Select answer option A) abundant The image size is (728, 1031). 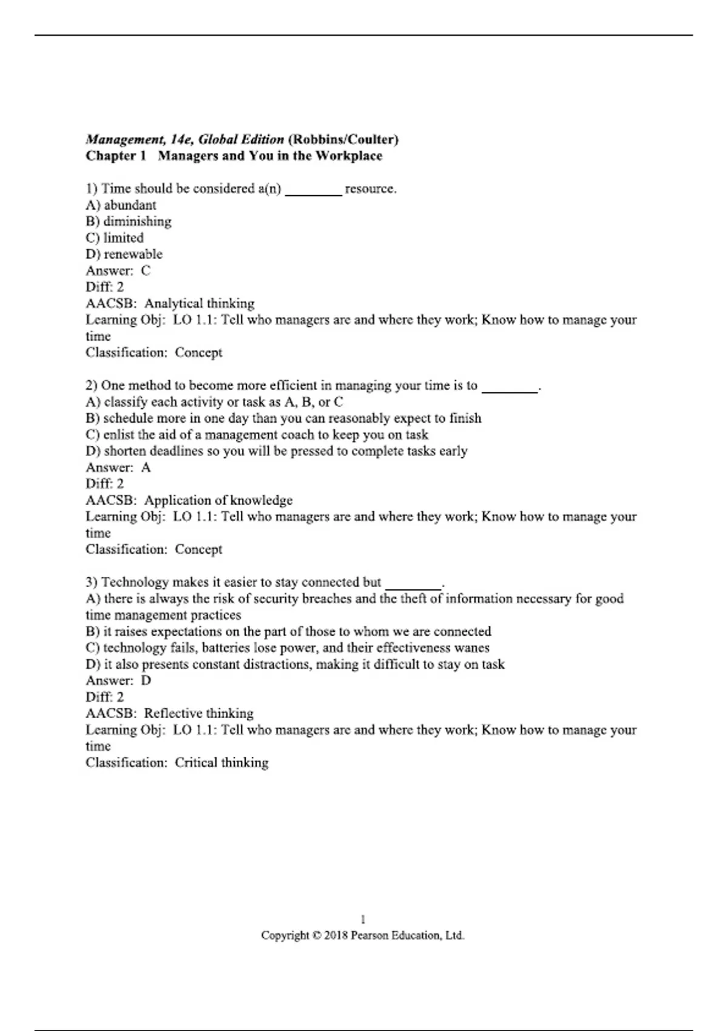click(x=121, y=205)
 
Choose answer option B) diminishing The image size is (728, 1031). click(x=128, y=221)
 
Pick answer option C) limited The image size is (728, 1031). click(x=115, y=238)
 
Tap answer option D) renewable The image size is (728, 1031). click(x=124, y=254)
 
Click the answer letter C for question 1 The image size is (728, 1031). click(x=146, y=270)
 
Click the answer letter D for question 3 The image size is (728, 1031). click(x=146, y=680)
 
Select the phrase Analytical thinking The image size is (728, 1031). click(x=199, y=303)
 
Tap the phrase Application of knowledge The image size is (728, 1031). click(x=218, y=500)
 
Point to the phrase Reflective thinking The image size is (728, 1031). click(x=198, y=713)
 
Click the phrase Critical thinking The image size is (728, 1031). click(x=221, y=762)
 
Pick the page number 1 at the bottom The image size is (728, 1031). click(x=363, y=919)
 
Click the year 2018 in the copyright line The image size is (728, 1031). click(x=335, y=935)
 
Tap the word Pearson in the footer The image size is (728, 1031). click(x=369, y=935)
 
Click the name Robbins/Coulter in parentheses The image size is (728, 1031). click(x=343, y=139)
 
